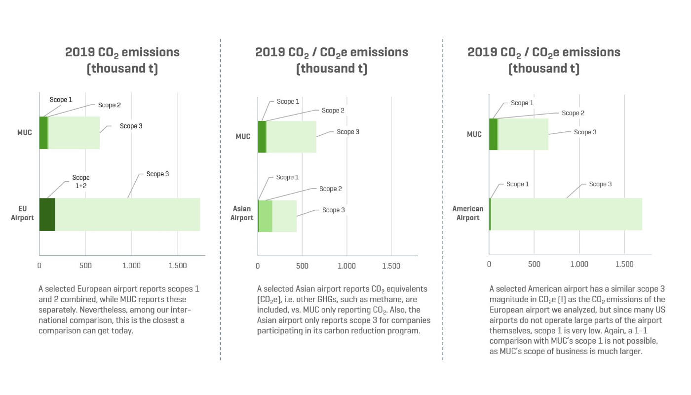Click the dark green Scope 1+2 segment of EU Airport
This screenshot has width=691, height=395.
47,214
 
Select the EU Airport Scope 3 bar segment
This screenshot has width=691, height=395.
127,214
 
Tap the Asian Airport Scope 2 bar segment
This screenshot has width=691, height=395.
266,216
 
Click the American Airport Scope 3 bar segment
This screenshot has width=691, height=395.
566,214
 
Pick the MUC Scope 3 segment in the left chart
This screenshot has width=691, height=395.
74,133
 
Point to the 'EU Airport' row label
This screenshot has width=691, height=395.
23,213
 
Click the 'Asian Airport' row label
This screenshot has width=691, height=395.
242,213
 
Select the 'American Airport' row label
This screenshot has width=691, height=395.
468,213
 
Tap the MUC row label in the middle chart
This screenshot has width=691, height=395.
243,137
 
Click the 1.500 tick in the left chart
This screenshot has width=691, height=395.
178,266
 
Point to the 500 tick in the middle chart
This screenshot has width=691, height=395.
302,266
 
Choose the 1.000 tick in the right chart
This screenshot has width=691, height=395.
579,264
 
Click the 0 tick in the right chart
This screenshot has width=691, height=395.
489,264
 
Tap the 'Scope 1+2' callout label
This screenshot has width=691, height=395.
81,181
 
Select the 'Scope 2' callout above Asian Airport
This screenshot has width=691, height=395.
330,189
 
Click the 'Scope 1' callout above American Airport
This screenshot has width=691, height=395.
517,184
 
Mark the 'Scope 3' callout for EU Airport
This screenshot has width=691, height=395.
157,174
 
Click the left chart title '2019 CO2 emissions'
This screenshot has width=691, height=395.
122,52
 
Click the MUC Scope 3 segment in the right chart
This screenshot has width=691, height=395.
523,134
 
